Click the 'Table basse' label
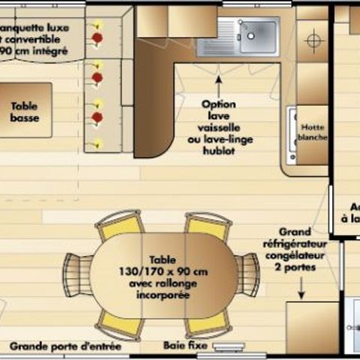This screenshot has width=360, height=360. [x=24, y=112]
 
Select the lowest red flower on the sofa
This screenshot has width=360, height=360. [x=96, y=117]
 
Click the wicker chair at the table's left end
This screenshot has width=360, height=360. [x=76, y=274]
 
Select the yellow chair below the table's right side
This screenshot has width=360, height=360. [x=207, y=323]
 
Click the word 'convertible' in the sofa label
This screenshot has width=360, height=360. [x=37, y=40]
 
